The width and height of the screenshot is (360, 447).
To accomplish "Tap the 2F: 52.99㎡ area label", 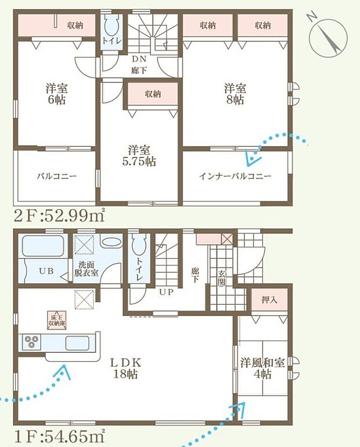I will [55, 217].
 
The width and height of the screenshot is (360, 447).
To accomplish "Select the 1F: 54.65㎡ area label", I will [55, 434].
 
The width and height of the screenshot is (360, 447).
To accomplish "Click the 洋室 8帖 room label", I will [236, 94].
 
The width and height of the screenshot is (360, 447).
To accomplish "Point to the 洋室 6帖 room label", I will [57, 94].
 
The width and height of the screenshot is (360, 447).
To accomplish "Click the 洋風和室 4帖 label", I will [262, 368].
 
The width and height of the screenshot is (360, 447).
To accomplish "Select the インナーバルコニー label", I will [235, 176].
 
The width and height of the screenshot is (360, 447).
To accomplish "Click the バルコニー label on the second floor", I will [57, 176].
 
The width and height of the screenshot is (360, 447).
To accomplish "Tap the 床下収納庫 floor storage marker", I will [56, 319].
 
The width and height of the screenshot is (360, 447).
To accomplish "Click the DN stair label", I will [139, 59].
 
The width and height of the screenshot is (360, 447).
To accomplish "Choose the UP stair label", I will [166, 291].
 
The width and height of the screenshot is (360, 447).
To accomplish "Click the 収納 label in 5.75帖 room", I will [153, 93].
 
